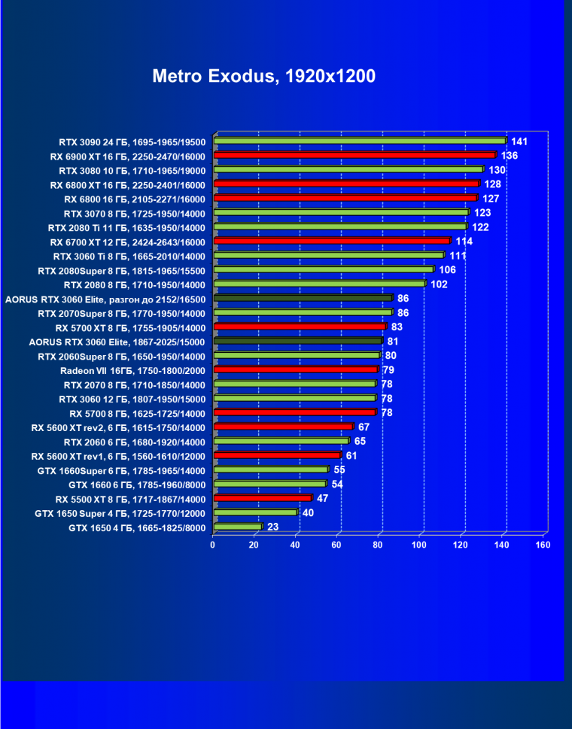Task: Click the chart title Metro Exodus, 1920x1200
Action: [x=263, y=76]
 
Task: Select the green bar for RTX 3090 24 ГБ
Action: [x=359, y=141]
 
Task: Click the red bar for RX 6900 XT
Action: [x=354, y=155]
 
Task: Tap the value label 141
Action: [x=519, y=141]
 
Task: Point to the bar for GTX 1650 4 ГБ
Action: [x=237, y=527]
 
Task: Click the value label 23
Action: [x=272, y=527]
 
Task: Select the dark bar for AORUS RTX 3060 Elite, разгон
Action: [x=303, y=298]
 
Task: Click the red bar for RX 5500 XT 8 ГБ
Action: [x=262, y=498]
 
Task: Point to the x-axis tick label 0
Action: [x=213, y=545]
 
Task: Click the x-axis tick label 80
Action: [x=379, y=545]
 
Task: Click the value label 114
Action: [x=464, y=241]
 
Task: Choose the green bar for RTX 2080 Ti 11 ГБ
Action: [x=339, y=226]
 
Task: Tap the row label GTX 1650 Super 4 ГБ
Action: [x=120, y=513]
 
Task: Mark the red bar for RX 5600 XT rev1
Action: [x=277, y=455]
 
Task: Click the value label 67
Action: [x=364, y=427]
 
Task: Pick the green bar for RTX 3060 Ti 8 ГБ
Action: [x=328, y=255]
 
